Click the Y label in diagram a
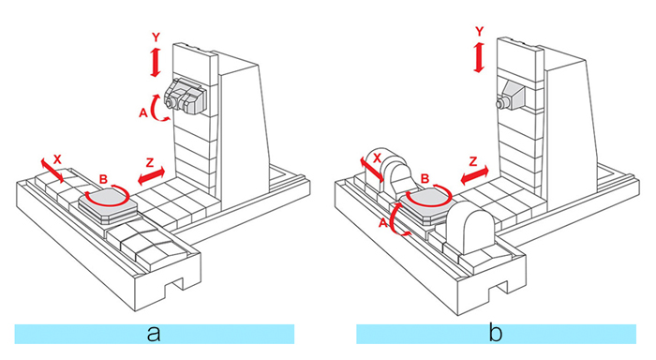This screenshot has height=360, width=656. pos(156,37)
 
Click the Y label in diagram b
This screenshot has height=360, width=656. pos(480,31)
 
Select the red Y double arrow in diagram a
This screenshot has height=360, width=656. pos(156,63)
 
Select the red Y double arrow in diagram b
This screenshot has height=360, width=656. pos(479,57)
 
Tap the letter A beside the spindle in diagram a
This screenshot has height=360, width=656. pos(143,112)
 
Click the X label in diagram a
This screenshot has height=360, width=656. pos(57,159)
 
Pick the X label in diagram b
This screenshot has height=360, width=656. pos(377,158)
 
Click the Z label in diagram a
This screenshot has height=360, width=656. pos(150,162)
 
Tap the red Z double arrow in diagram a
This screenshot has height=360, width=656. pos(152,176)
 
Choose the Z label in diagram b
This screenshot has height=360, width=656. pos(473,161)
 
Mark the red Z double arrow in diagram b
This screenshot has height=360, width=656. pos(474,175)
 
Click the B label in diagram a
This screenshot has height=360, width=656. pos(103,180)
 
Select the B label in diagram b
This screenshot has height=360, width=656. pos(425,179)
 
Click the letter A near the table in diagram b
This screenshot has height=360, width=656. pos(382,223)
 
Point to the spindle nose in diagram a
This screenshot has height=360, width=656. pos(169,103)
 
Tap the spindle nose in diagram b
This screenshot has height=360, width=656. pos(499,103)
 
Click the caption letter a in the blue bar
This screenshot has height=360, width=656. pos(154,334)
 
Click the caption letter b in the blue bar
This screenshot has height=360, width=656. pos(496,333)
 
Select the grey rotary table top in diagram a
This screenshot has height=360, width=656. pos(107,200)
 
